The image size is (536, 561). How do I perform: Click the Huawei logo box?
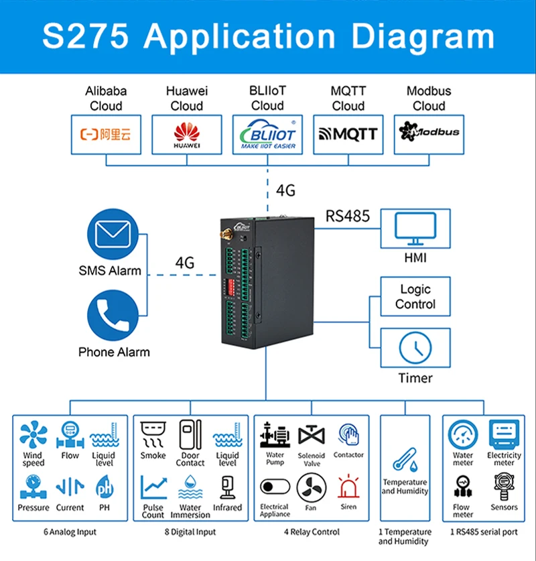click(187, 134)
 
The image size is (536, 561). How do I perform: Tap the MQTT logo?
click(348, 134)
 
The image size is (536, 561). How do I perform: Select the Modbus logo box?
click(429, 133)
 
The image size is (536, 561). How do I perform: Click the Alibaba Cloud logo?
click(106, 134)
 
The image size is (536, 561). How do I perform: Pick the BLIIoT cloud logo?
click(267, 134)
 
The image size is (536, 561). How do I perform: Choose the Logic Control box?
click(415, 297)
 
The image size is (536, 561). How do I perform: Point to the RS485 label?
click(348, 216)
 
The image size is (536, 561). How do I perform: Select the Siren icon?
click(348, 487)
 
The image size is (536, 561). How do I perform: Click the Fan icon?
click(311, 487)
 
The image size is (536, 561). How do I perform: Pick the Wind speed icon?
click(33, 435)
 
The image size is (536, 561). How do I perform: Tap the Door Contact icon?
click(190, 434)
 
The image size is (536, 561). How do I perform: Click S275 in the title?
click(85, 37)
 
